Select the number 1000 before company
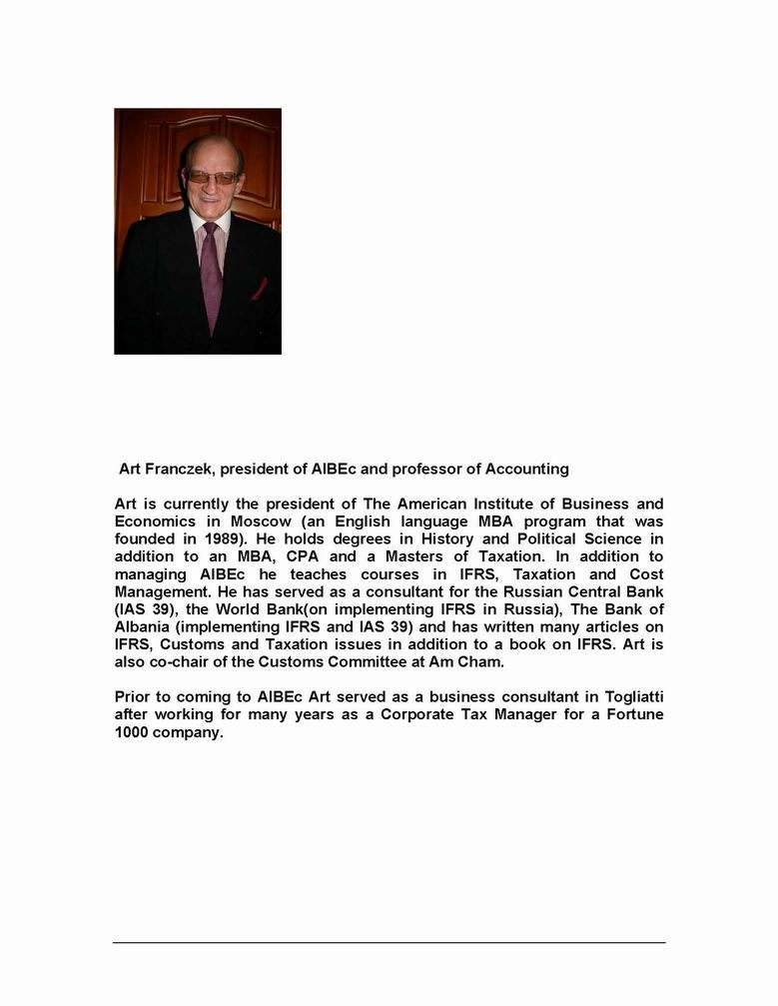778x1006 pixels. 134,732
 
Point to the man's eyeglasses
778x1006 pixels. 212,177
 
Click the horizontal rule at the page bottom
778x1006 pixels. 389,942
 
